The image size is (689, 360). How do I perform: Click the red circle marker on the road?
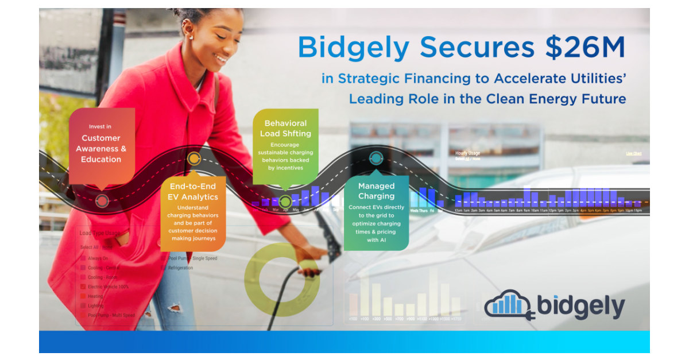coord(102,201)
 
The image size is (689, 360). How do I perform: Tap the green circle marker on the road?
coord(285,202)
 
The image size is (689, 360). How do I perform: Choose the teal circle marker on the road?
coord(376,157)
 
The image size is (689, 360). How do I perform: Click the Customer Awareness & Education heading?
coord(101,149)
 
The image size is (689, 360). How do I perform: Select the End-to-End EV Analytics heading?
coord(193,191)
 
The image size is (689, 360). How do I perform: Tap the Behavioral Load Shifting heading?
coord(285,128)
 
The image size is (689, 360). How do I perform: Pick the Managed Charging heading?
coord(376,191)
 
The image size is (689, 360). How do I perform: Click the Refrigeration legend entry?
coord(180,268)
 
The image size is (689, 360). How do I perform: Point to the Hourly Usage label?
coord(467,153)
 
